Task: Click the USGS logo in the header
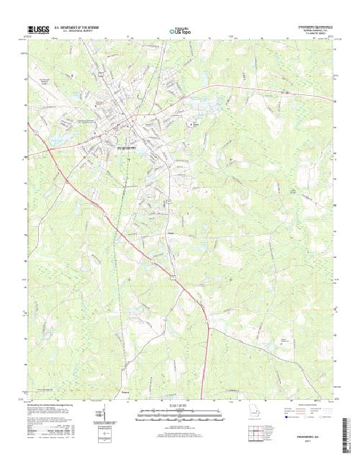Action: (35, 29)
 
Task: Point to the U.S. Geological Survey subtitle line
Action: (71, 31)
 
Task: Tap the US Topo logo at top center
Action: (180, 30)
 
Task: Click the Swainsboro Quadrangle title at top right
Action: (315, 26)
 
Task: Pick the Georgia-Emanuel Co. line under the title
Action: (315, 30)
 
